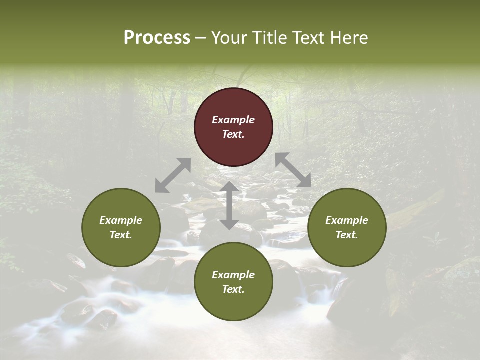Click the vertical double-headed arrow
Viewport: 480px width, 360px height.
click(x=229, y=205)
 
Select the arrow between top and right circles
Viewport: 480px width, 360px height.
click(x=293, y=170)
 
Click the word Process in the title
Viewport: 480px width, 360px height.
click(x=157, y=38)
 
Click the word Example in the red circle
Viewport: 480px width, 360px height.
click(x=233, y=120)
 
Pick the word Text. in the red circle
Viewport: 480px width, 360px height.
click(x=233, y=134)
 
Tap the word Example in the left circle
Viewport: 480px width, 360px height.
click(x=121, y=220)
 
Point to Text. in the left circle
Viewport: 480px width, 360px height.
click(x=121, y=235)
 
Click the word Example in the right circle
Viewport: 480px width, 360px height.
click(x=347, y=220)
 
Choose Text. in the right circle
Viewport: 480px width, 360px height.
click(x=347, y=235)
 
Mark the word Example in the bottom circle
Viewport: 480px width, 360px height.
click(x=233, y=275)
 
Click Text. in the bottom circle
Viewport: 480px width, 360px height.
click(x=233, y=289)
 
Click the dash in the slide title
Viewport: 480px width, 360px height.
click(x=201, y=38)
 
